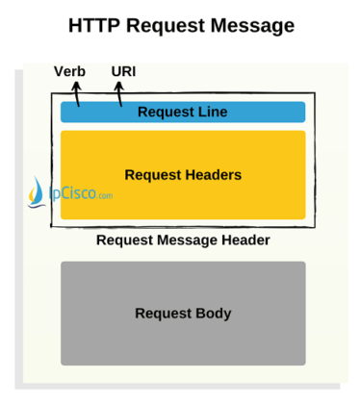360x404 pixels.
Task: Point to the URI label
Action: pyautogui.click(x=123, y=72)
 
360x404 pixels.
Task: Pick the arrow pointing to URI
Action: pyautogui.click(x=119, y=92)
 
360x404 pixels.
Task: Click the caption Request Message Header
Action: pyautogui.click(x=183, y=240)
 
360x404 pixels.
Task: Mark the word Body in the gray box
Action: pyautogui.click(x=214, y=314)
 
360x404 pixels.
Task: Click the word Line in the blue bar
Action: pyautogui.click(x=213, y=112)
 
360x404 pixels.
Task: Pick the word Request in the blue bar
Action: pyautogui.click(x=166, y=112)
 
